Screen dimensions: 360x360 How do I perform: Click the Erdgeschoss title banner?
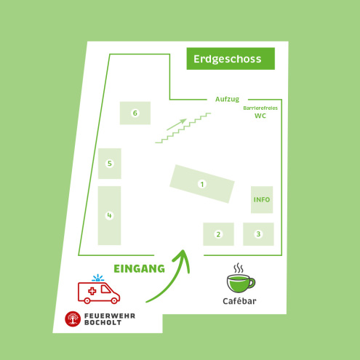click(x=231, y=59)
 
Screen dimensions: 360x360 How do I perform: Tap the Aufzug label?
click(x=227, y=99)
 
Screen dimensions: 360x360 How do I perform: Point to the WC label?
click(x=260, y=116)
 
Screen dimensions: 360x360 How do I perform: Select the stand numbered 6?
click(x=135, y=113)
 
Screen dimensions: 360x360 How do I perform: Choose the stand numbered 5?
click(x=110, y=164)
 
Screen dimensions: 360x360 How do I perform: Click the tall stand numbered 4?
click(x=109, y=215)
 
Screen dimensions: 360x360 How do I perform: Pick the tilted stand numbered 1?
click(x=202, y=184)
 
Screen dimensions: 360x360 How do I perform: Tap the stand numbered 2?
click(x=218, y=234)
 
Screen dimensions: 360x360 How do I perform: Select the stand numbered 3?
click(x=258, y=234)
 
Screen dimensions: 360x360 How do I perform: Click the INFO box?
click(x=262, y=199)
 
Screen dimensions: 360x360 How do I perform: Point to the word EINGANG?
click(x=139, y=269)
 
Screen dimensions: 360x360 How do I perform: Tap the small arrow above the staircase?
click(x=177, y=124)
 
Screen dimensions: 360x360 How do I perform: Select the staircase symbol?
click(x=183, y=128)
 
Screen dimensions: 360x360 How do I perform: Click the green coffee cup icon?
click(x=241, y=278)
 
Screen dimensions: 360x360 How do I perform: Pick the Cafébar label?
click(x=239, y=301)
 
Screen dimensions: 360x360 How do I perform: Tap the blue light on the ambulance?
click(x=98, y=278)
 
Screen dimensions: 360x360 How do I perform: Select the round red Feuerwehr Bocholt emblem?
click(x=73, y=319)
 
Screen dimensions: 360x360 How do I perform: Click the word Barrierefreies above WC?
click(x=260, y=108)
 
